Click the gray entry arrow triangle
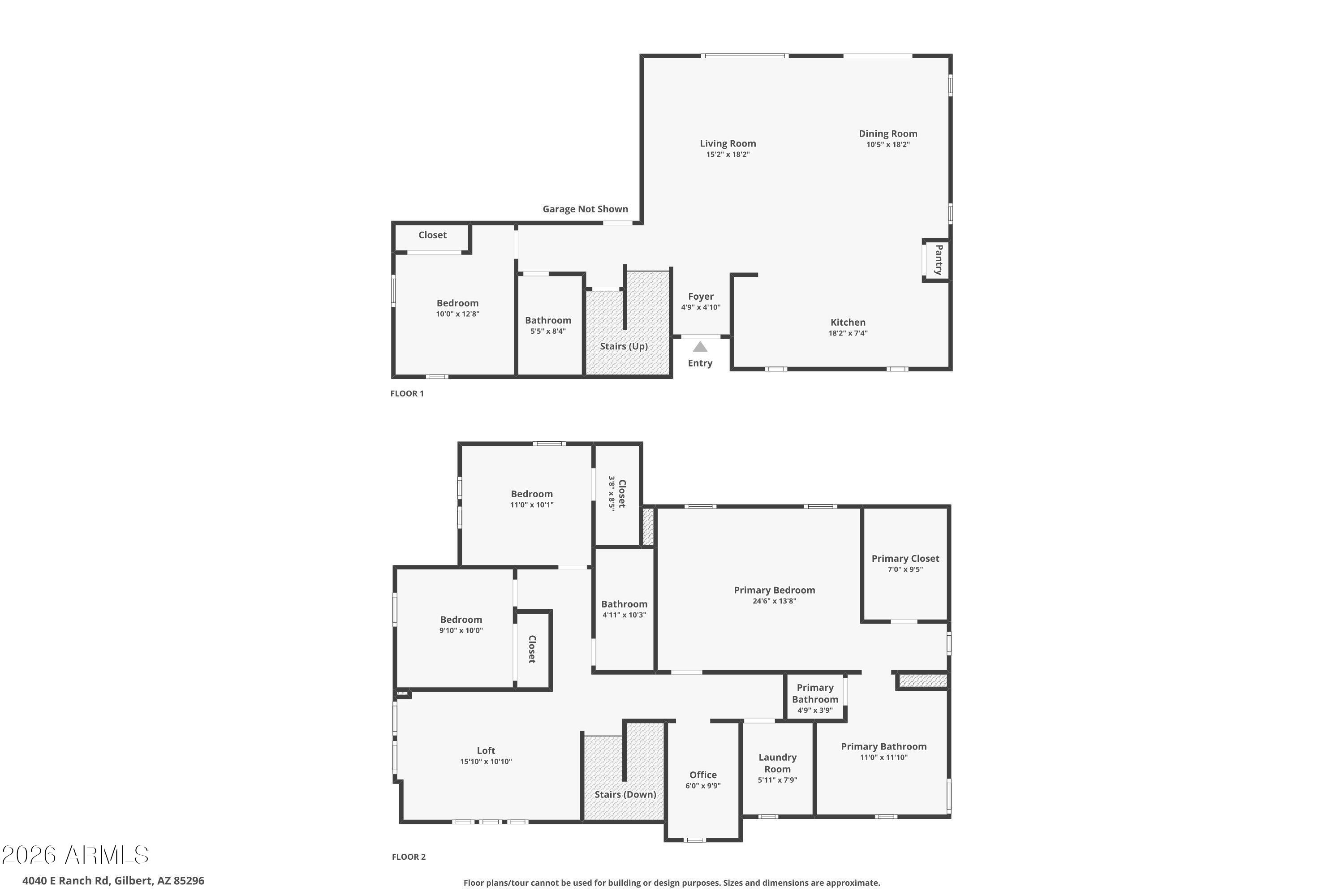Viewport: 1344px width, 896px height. click(700, 347)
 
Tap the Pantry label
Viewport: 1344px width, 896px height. click(938, 260)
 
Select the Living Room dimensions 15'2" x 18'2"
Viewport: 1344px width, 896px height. click(728, 154)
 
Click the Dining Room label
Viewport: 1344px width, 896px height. click(887, 134)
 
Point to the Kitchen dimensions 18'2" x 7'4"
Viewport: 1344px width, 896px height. click(848, 333)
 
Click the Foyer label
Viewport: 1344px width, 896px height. click(701, 297)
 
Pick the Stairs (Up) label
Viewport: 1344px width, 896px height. click(624, 346)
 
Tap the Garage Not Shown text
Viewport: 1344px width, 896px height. click(585, 209)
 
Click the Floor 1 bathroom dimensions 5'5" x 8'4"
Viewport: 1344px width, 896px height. click(547, 332)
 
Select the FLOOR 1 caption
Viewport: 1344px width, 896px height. click(407, 393)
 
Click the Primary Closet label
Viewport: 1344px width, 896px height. click(905, 558)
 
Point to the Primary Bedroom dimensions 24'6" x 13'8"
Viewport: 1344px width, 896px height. click(774, 601)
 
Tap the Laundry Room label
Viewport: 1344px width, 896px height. click(777, 763)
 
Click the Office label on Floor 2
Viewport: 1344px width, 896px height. click(702, 775)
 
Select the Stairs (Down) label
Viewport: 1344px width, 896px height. click(625, 794)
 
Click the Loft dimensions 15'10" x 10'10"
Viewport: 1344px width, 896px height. click(486, 762)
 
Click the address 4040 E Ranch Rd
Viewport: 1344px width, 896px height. click(113, 881)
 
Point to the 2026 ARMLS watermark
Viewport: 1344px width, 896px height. click(75, 855)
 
